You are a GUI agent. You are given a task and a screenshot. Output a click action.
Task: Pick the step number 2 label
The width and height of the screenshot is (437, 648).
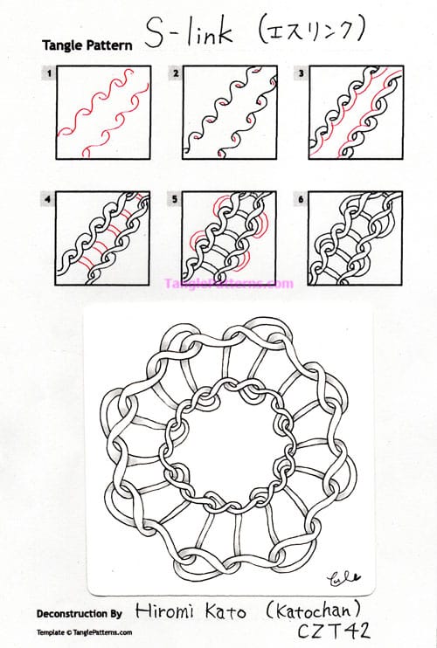(176, 74)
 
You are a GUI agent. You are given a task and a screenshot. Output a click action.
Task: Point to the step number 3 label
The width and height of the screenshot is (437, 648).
(301, 74)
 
